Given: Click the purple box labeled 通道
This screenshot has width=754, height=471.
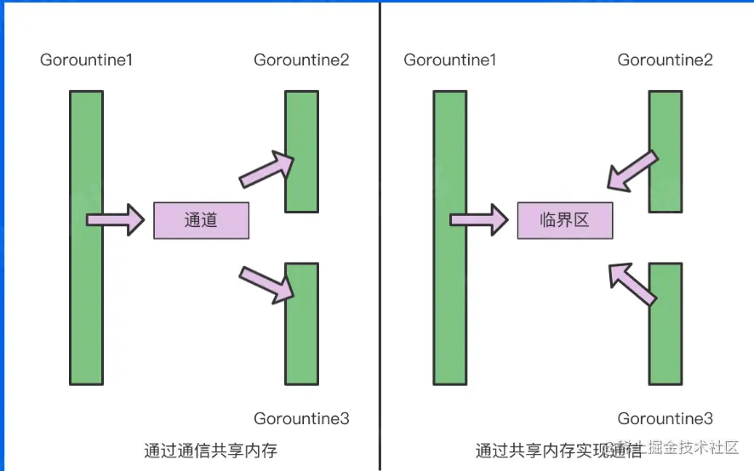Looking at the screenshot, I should pyautogui.click(x=201, y=220).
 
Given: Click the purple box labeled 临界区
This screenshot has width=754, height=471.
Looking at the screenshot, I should pyautogui.click(x=564, y=220).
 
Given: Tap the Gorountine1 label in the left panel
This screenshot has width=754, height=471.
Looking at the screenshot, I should pyautogui.click(x=86, y=60).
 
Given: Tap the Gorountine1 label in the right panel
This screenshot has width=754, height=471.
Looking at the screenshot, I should pyautogui.click(x=450, y=60).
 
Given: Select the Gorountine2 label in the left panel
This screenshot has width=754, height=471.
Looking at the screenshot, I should pyautogui.click(x=301, y=60).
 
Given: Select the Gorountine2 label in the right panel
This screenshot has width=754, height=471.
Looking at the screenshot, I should pyautogui.click(x=665, y=60).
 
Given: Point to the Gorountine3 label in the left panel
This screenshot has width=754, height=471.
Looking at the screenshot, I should pyautogui.click(x=301, y=418).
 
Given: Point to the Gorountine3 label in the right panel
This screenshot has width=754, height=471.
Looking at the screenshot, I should pyautogui.click(x=665, y=418).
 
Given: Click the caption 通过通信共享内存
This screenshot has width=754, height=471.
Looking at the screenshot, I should pyautogui.click(x=211, y=450).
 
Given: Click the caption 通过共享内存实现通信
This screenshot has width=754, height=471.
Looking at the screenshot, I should pyautogui.click(x=558, y=450).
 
